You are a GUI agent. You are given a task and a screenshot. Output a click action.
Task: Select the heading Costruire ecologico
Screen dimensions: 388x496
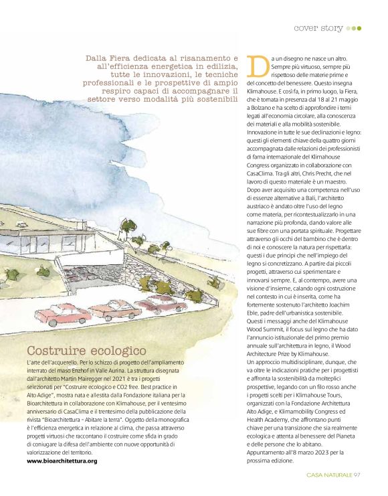[x=86, y=350]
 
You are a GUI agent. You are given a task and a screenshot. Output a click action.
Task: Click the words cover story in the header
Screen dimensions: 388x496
[x=318, y=28]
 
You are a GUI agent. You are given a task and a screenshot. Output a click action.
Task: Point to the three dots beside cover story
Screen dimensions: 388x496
[x=355, y=28]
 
